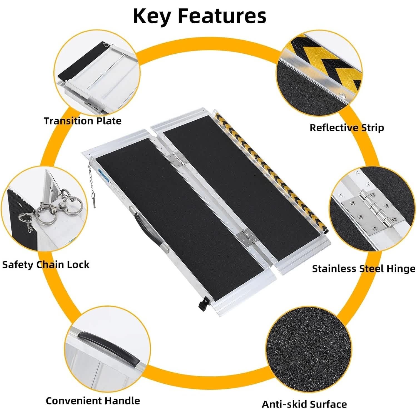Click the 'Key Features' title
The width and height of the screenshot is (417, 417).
click(200, 16)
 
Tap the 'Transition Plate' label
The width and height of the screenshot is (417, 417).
click(83, 121)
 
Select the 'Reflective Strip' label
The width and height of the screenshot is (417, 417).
click(347, 128)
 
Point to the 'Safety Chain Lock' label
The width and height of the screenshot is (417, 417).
click(46, 264)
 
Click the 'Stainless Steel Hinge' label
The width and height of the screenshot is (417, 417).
click(364, 269)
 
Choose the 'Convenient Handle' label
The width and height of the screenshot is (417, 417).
click(93, 401)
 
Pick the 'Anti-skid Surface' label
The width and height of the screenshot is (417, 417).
click(304, 404)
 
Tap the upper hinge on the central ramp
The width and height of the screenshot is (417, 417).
click(177, 159)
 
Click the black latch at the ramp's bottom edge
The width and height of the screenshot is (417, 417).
click(202, 302)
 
